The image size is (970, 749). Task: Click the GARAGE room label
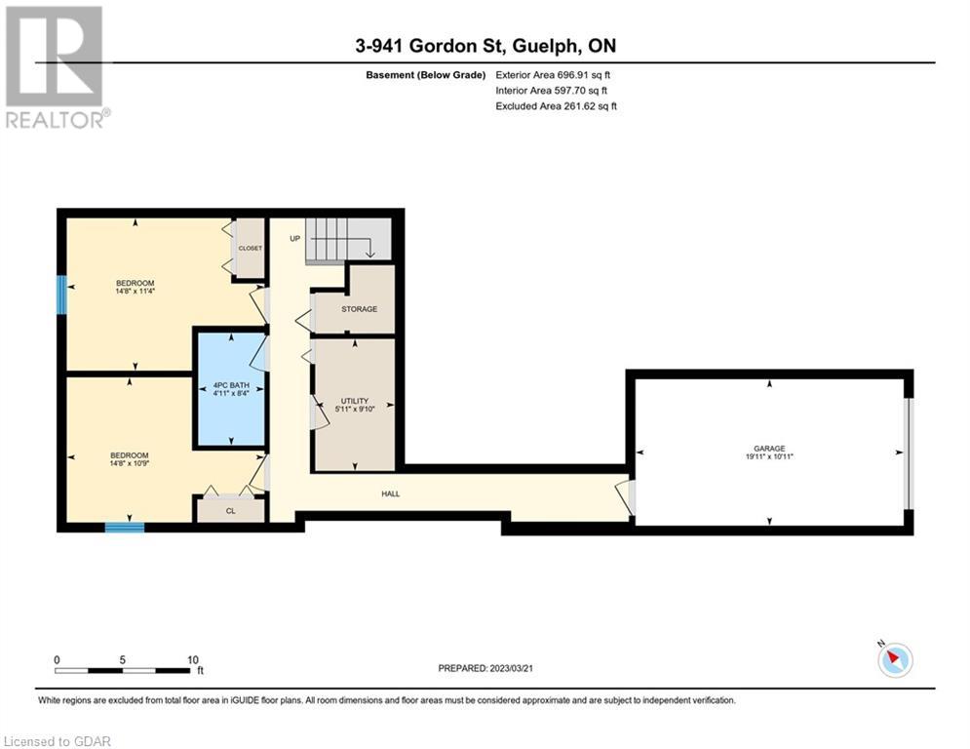769,449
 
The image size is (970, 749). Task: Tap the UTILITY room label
355,401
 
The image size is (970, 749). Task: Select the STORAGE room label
360,309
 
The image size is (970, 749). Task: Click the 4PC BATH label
231,385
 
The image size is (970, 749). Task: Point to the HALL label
390,493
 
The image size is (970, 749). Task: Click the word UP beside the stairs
295,238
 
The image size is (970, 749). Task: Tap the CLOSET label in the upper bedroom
250,249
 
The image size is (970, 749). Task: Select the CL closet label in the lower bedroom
231,511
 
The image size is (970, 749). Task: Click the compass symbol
895,659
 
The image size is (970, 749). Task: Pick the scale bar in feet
123,670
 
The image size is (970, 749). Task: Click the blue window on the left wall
61,295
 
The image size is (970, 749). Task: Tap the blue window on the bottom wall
125,528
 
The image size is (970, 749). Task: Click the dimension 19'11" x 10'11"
769,456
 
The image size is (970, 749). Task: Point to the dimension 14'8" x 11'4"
135,291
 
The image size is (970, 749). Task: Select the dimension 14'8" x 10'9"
130,463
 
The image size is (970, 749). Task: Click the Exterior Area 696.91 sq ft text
553,75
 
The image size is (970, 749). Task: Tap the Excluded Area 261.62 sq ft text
556,106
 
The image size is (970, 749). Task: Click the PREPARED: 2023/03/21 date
485,668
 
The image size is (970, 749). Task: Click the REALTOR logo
57,67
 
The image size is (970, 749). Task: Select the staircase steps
348,240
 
